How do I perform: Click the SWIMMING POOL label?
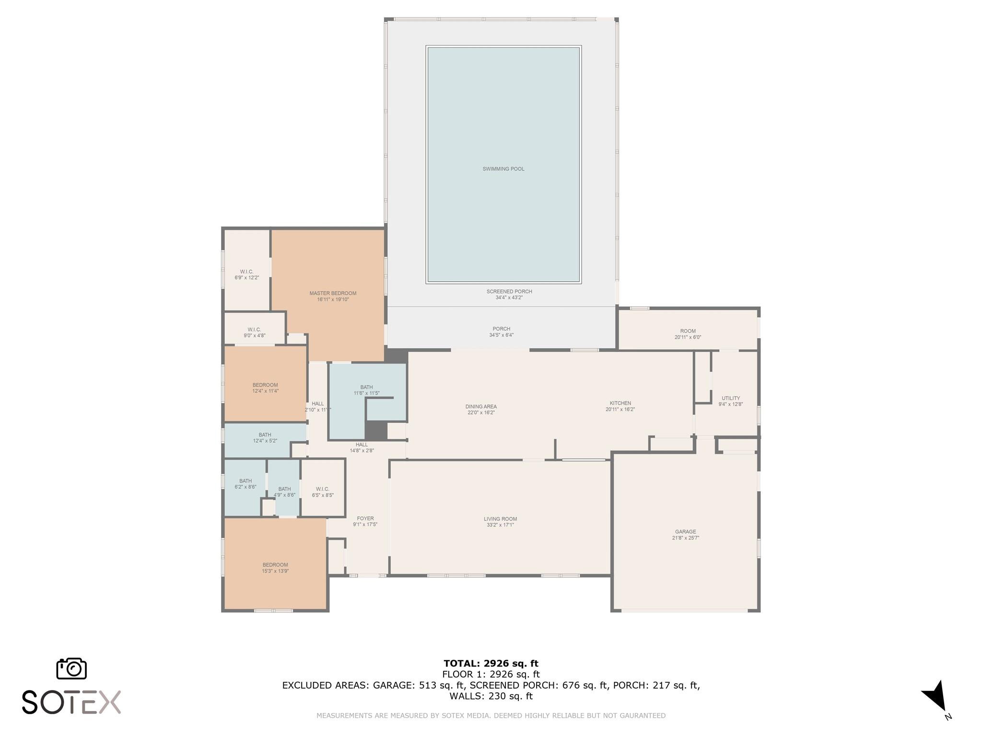point(503,169)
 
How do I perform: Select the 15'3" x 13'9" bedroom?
point(275,567)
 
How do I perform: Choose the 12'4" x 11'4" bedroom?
point(265,388)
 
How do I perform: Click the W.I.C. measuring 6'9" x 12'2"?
point(246,275)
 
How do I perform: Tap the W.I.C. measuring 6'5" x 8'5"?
point(322,492)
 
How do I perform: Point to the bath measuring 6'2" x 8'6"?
point(245,483)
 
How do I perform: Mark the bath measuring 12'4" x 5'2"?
point(265,437)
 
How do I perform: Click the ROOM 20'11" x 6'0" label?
point(688,334)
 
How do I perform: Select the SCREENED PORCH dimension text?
point(509,298)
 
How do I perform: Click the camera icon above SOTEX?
point(71,668)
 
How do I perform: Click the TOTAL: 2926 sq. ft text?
point(491,663)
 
